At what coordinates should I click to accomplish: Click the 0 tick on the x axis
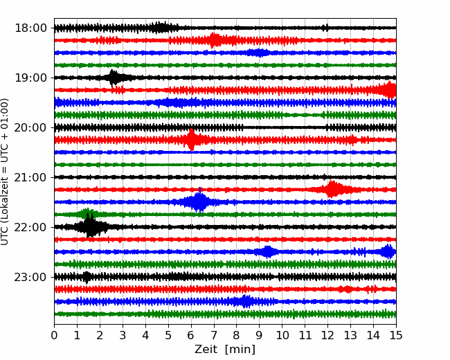tap(55, 336)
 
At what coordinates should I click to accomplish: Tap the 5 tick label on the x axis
tap(168, 336)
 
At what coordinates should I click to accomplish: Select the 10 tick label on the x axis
tap(282, 336)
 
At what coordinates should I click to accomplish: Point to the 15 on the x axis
tap(395, 336)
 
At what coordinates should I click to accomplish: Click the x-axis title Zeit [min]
tap(225, 350)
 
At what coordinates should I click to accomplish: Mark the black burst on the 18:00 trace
tap(161, 28)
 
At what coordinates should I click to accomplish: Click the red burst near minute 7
tap(215, 40)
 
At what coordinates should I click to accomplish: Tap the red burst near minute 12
tap(333, 189)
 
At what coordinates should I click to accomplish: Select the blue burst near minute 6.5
tap(199, 201)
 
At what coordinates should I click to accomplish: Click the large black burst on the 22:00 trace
tap(90, 226)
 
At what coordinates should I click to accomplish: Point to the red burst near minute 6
tap(191, 140)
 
